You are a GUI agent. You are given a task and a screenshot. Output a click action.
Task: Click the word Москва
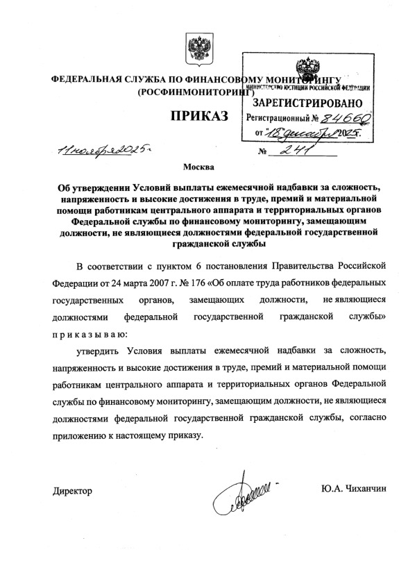(x=198, y=167)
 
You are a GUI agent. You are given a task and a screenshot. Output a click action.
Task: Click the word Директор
(x=72, y=491)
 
